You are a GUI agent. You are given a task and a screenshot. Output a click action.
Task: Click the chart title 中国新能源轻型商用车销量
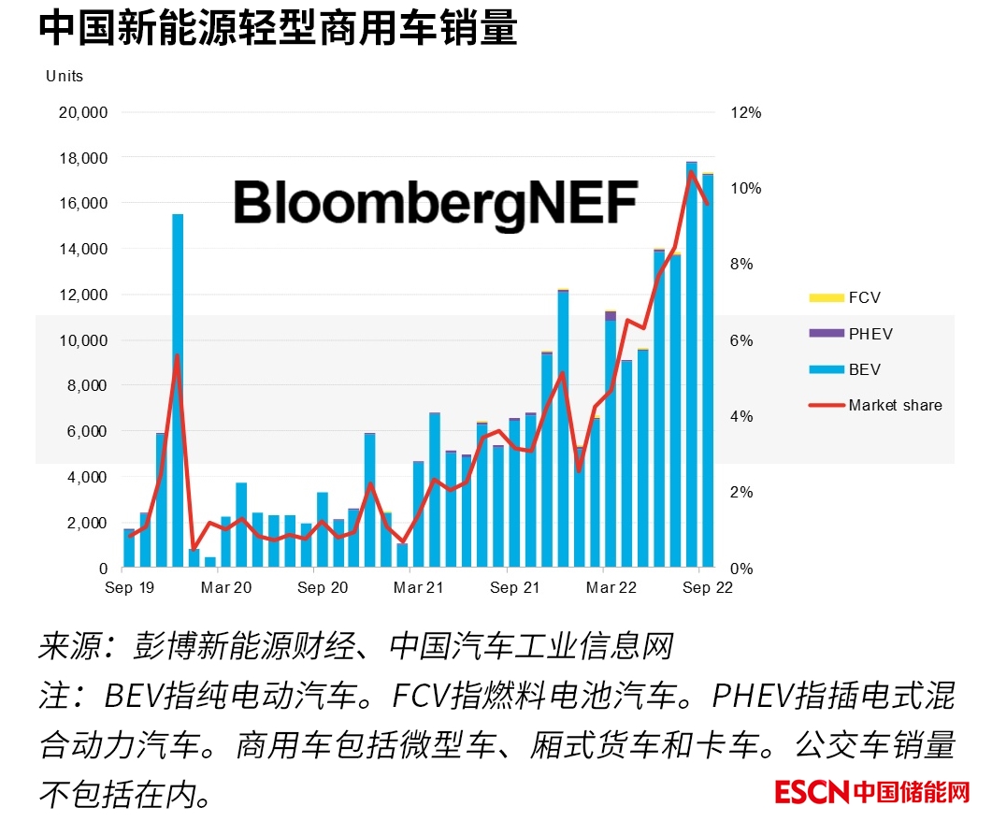coord(278,29)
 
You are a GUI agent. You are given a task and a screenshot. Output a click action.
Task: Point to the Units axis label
coord(65,76)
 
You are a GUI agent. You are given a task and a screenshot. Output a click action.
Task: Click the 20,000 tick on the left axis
coord(83,112)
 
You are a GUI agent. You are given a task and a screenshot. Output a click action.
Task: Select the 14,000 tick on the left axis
coord(83,249)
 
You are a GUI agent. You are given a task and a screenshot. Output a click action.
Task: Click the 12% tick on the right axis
coord(746,112)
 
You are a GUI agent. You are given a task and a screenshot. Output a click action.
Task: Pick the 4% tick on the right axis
coord(742,416)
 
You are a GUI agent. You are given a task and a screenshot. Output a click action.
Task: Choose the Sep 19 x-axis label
coord(131,587)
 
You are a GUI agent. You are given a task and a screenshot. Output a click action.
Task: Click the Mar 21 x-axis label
coord(418,587)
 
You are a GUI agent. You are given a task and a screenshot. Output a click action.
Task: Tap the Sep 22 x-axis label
coord(707,587)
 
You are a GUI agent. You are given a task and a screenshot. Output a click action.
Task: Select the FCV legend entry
coord(864,298)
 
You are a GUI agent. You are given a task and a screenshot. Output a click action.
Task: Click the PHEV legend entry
coord(870,334)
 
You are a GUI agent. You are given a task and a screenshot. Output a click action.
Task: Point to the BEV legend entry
coord(864,369)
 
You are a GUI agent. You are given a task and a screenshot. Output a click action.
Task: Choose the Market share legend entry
coord(895,405)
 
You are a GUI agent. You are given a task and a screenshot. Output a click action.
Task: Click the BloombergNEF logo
coord(436,203)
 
